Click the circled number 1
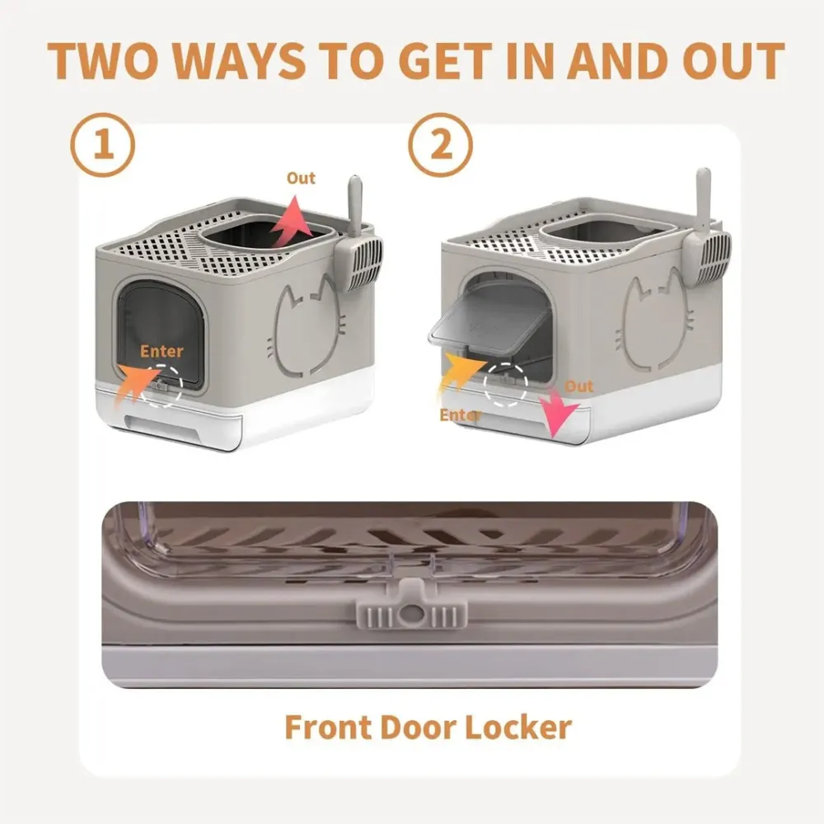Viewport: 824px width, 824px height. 103,146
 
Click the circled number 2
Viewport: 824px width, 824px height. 442,146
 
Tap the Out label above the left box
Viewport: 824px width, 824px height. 301,178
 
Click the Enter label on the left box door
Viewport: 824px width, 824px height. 162,351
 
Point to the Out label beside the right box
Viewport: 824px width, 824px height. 578,386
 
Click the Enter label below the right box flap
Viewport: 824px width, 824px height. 458,414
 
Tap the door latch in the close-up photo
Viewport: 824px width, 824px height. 409,614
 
